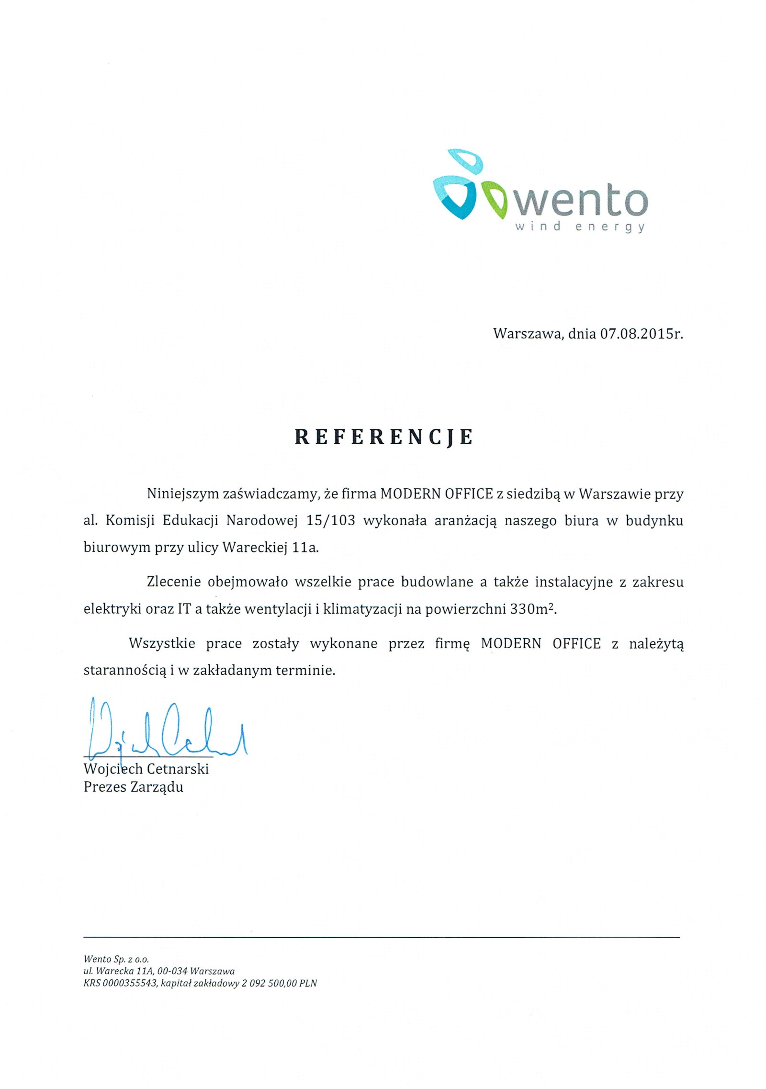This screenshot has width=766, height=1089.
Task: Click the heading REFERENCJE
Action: (383, 437)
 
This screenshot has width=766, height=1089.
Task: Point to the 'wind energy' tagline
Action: (580, 227)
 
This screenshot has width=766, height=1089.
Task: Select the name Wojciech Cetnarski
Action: (146, 769)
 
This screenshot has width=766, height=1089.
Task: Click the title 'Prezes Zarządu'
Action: (133, 787)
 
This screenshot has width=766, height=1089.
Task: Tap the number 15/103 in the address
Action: (330, 521)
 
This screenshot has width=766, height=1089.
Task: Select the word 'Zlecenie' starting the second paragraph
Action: (173, 583)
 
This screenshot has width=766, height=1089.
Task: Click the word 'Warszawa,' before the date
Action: (527, 334)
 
